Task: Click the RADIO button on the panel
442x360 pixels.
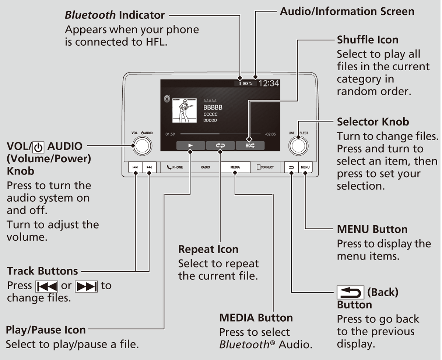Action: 205,167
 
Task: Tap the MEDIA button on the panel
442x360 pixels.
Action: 235,167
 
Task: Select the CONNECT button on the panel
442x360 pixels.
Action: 265,167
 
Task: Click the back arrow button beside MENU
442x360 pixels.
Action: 291,167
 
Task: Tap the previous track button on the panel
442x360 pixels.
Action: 135,167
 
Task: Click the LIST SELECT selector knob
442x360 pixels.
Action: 298,146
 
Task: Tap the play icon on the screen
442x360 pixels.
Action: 190,145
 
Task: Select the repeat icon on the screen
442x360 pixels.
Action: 220,145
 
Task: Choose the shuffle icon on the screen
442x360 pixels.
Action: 250,145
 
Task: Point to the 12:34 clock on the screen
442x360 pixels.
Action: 269,84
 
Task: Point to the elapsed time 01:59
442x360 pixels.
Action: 170,134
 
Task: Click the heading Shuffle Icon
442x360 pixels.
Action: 367,40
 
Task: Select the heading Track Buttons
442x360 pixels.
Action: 42,271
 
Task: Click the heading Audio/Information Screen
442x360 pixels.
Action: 347,11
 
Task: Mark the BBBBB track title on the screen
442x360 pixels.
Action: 213,107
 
